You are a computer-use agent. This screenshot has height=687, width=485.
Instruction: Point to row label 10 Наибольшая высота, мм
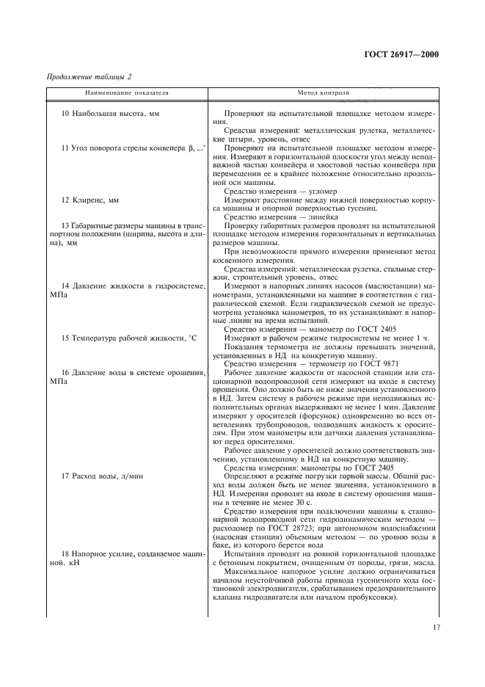pos(110,115)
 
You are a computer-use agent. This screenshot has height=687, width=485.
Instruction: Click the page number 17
pos(436,628)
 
